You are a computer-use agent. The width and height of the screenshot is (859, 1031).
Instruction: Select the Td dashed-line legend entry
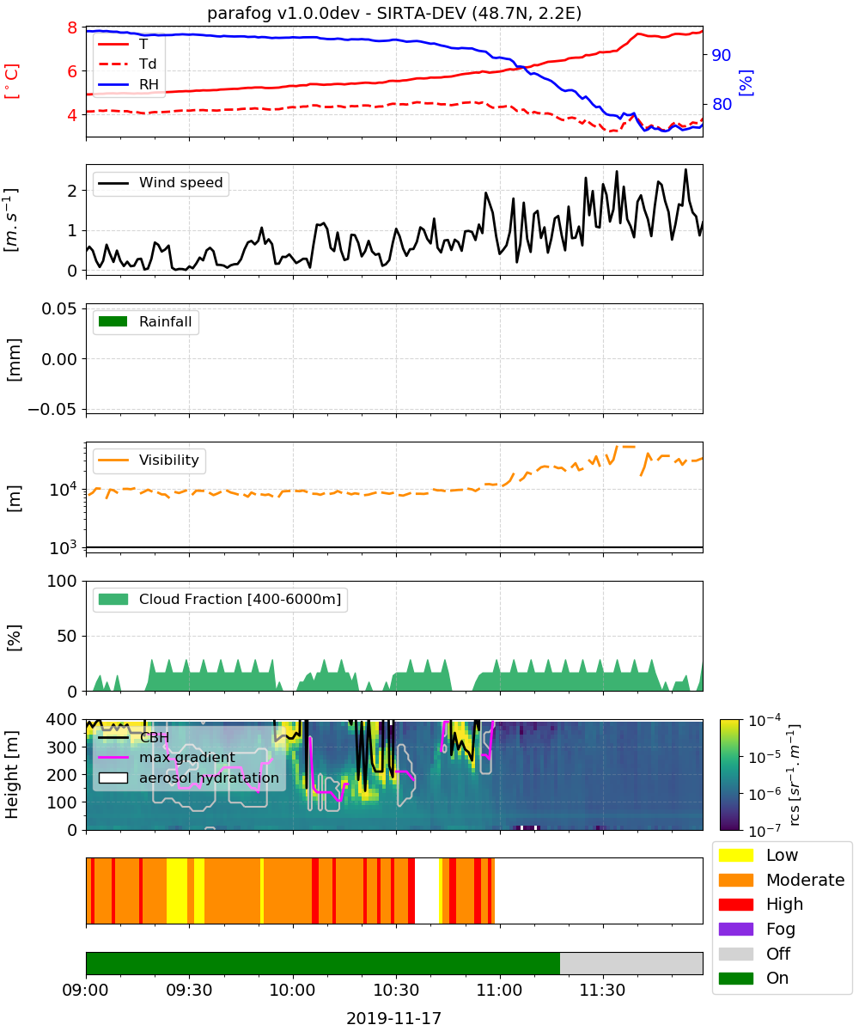[127, 64]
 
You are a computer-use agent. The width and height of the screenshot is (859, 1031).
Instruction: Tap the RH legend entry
[128, 84]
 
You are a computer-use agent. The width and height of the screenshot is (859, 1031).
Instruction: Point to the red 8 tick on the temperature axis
[72, 27]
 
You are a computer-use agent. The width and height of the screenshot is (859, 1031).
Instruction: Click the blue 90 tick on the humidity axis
[722, 55]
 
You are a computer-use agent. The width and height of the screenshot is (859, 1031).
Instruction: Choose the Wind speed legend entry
[161, 183]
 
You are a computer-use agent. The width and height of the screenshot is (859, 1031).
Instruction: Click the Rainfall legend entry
[145, 322]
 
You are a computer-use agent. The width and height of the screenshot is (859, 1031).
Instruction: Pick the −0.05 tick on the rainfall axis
[52, 409]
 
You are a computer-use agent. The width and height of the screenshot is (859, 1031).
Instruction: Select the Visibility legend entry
[149, 461]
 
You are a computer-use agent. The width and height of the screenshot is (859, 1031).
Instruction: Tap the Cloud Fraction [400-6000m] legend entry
[220, 600]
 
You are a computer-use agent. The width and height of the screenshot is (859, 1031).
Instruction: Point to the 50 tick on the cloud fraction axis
[67, 636]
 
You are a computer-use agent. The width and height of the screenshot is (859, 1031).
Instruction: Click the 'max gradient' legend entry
[167, 758]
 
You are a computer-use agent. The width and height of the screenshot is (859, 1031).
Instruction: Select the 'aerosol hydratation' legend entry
[189, 778]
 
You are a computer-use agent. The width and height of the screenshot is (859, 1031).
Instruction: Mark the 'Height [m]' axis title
[11, 774]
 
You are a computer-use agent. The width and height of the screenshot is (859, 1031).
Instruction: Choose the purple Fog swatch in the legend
[735, 930]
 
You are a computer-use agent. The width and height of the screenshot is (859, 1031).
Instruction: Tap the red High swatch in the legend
[735, 905]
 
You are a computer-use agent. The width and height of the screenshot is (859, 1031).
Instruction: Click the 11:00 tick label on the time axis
[500, 991]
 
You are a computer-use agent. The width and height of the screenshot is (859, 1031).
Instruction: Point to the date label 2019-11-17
[394, 1018]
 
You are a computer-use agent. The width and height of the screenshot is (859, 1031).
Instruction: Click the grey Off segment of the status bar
[631, 964]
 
